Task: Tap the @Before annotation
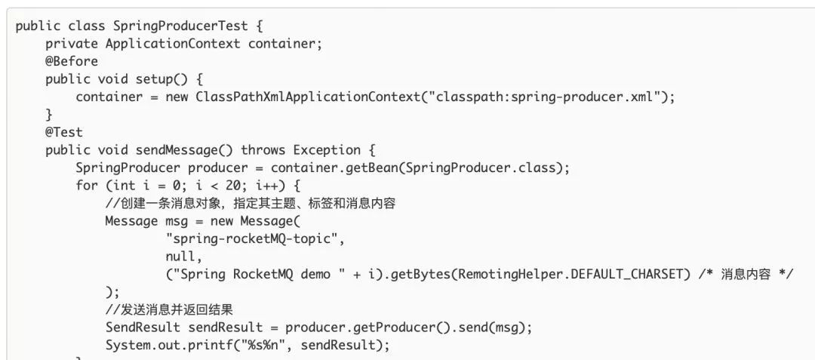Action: pyautogui.click(x=72, y=61)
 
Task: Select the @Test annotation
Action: pyautogui.click(x=64, y=132)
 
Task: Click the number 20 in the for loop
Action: pyautogui.click(x=244, y=185)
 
